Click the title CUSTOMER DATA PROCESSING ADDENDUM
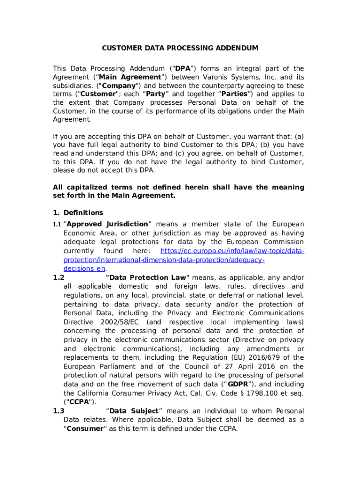pyautogui.click(x=180, y=48)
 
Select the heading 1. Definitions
pyautogui.click(x=78, y=213)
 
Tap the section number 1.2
pyautogui.click(x=58, y=278)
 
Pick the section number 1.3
pyautogui.click(x=58, y=411)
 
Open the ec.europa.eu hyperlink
pyautogui.click(x=232, y=251)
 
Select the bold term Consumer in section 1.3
pyautogui.click(x=84, y=429)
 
